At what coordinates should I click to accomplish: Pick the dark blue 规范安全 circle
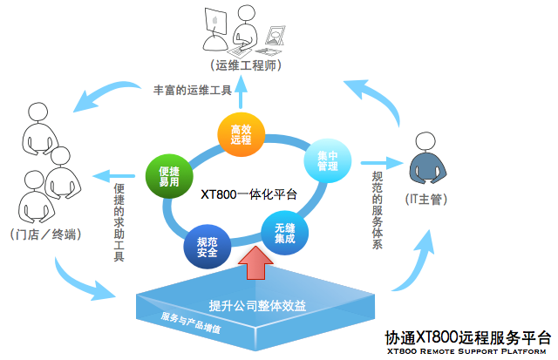[x=207, y=247]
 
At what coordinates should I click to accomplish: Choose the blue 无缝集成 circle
[x=284, y=232]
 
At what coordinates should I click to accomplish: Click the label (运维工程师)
[x=244, y=66]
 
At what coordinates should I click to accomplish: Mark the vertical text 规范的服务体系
[x=377, y=209]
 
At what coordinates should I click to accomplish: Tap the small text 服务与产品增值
[x=191, y=323]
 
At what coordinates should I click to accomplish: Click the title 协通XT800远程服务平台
[x=468, y=337]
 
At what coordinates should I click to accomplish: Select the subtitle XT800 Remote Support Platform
[x=468, y=351]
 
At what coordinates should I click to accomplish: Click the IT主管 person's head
[x=425, y=140]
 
